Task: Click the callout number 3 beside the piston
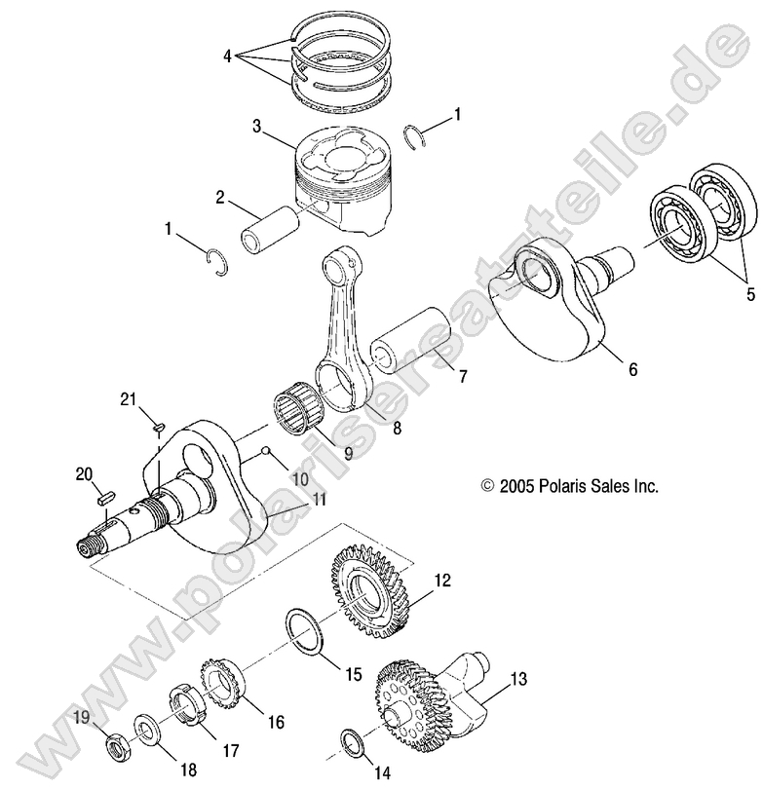[x=256, y=127]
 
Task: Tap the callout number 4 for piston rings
[x=226, y=56]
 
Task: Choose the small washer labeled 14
[x=354, y=740]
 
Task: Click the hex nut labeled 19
[x=115, y=750]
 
